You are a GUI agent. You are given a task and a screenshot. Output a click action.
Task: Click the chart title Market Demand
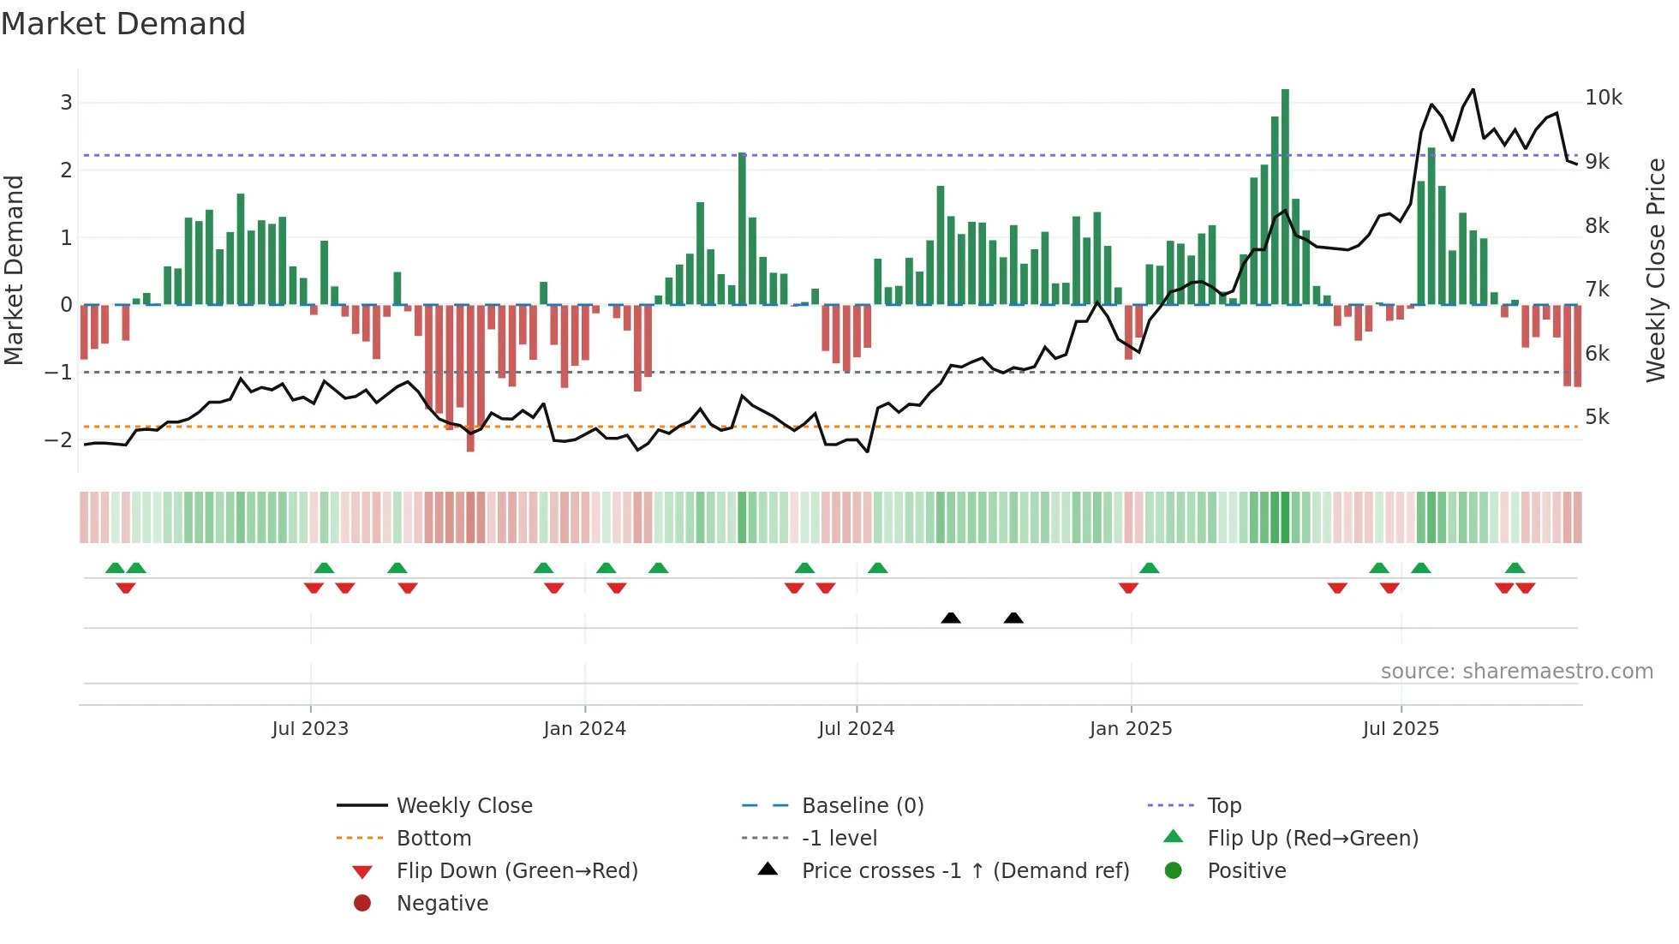pos(123,24)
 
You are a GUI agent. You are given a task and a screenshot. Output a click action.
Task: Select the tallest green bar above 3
pos(1285,197)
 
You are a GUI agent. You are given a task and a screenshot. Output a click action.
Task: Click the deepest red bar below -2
pos(470,377)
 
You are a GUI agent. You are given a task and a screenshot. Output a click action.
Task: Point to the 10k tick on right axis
pos(1603,98)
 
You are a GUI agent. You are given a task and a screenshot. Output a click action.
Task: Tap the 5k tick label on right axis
pos(1597,417)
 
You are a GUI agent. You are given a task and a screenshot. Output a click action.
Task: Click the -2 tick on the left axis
pos(59,439)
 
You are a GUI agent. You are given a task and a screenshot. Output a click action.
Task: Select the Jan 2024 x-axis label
pos(584,729)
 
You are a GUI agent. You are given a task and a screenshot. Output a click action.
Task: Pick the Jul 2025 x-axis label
pos(1401,729)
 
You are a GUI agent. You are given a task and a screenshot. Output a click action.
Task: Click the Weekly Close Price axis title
pos(1655,270)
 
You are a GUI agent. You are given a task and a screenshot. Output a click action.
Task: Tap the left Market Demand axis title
pos(14,270)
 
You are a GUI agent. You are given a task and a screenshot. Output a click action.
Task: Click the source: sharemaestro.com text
pos(1516,672)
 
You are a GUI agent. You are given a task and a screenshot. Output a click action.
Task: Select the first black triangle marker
pos(951,618)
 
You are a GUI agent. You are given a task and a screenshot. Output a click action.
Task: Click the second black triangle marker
pos(1013,618)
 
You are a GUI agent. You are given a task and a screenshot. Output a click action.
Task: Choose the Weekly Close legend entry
pos(463,806)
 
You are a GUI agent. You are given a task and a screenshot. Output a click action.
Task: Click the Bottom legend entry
pos(433,839)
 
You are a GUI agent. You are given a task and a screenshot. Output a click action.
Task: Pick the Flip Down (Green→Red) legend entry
pos(517,871)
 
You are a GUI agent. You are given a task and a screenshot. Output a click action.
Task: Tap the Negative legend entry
pos(442,904)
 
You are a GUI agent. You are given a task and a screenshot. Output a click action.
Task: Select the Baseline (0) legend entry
pos(862,806)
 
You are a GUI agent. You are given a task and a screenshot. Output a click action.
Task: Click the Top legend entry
pos(1223,806)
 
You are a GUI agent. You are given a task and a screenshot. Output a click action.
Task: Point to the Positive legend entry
pos(1246,871)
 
